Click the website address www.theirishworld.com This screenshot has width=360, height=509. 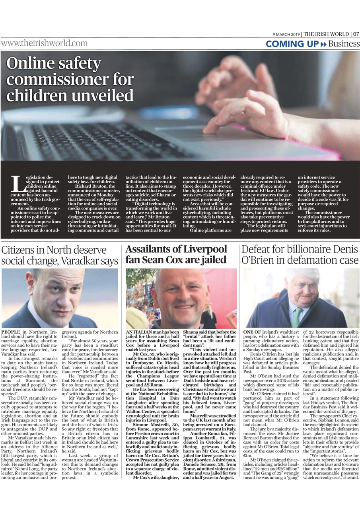44,43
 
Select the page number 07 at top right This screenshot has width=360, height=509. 355,34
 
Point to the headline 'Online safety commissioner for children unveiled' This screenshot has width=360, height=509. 70,80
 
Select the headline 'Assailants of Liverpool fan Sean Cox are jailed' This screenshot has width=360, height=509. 176,255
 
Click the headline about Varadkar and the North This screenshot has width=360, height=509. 60,256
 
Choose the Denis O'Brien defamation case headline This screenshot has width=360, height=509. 300,255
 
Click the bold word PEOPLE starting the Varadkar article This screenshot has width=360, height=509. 11,331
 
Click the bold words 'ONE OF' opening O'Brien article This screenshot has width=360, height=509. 251,331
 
